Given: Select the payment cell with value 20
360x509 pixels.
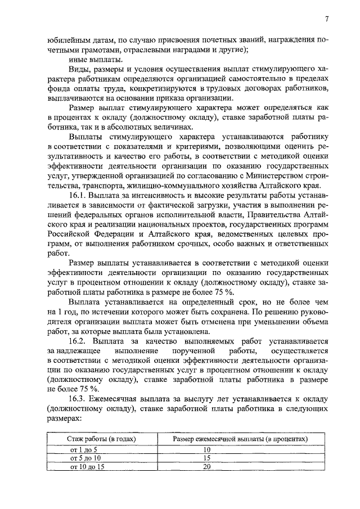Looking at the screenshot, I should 206,466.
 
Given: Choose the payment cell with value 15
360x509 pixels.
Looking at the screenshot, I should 206,458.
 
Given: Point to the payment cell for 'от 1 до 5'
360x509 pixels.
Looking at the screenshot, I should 206,449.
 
